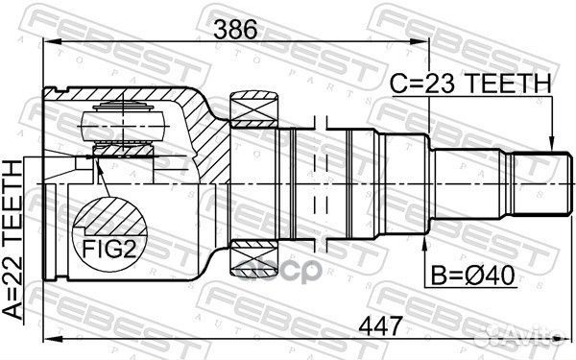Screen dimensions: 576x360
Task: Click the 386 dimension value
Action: [235, 30]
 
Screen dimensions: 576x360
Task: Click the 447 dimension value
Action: [380, 325]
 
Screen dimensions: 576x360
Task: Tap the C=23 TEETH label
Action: [470, 84]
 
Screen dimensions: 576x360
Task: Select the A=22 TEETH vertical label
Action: [12, 240]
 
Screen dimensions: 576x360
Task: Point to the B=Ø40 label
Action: [472, 276]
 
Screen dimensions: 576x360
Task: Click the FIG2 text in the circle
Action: [109, 249]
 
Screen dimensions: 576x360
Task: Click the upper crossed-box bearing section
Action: [253, 109]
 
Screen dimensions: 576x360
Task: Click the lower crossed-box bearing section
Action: [253, 257]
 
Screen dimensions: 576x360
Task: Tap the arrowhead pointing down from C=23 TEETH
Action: [552, 145]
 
